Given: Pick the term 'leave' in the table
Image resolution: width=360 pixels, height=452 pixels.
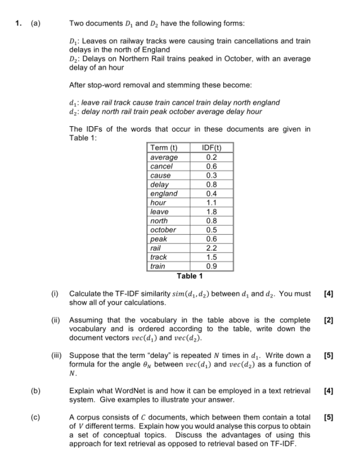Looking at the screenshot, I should (x=159, y=212).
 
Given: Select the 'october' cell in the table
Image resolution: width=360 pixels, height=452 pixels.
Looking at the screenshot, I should (x=163, y=230).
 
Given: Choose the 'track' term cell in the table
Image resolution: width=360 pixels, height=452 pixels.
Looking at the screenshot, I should (x=159, y=257).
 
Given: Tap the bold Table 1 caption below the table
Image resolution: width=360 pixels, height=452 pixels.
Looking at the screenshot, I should (x=190, y=276).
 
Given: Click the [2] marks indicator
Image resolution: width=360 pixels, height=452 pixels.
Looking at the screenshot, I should (x=329, y=320).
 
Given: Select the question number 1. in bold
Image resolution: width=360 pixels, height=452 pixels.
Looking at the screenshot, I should (x=18, y=23).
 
